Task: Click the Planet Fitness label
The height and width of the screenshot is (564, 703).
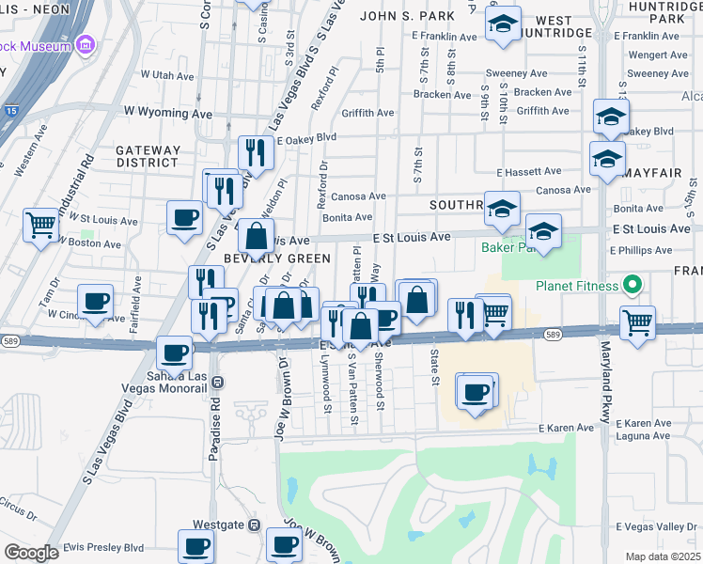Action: (576, 286)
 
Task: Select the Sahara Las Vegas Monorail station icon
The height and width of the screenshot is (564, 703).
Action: (218, 382)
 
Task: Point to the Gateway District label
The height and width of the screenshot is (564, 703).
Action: (148, 156)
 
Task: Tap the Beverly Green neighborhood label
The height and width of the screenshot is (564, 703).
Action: (277, 258)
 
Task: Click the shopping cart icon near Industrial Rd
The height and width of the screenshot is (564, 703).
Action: (40, 224)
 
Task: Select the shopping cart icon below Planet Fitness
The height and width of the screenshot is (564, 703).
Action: (638, 321)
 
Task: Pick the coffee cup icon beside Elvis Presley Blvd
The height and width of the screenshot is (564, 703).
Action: (197, 545)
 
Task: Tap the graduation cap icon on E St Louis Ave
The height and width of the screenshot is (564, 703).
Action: (542, 230)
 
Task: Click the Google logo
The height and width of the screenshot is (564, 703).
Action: (31, 553)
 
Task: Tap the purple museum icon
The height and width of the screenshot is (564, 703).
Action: (86, 45)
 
